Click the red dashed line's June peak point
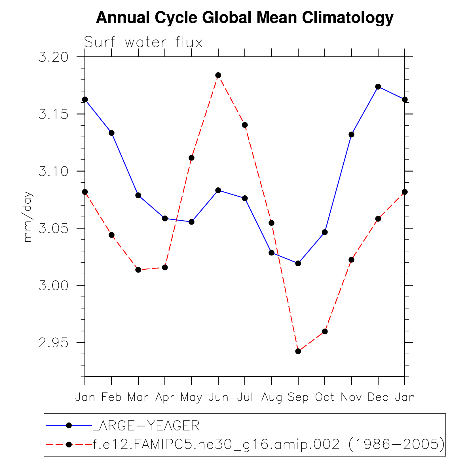coord(218,75)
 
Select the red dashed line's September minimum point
coord(298,351)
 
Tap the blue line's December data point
coord(378,86)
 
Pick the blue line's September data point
coord(298,263)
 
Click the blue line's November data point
coord(351,134)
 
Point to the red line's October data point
coord(325,331)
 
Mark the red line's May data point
coord(191,158)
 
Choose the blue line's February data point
coord(111,133)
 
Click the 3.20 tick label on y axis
coord(54,57)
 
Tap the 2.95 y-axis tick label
coord(54,343)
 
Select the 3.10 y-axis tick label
coord(54,172)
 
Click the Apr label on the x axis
coord(165,398)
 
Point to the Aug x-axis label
coord(271,398)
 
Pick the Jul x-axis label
coord(245,397)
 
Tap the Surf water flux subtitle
coord(143,43)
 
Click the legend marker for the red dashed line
coord(69,444)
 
